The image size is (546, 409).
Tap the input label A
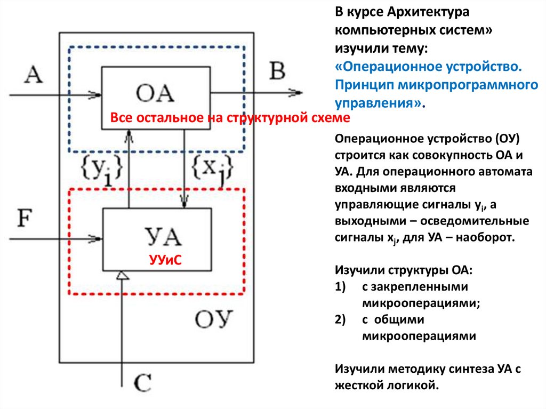[x=34, y=74]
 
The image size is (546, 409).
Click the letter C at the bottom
[x=141, y=383]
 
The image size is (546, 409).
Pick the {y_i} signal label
[x=103, y=170]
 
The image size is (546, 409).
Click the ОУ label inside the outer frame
[x=214, y=320]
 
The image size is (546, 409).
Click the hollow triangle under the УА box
[x=123, y=275]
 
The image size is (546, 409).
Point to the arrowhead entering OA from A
[x=96, y=95]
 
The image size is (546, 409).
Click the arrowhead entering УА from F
[x=96, y=237]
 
